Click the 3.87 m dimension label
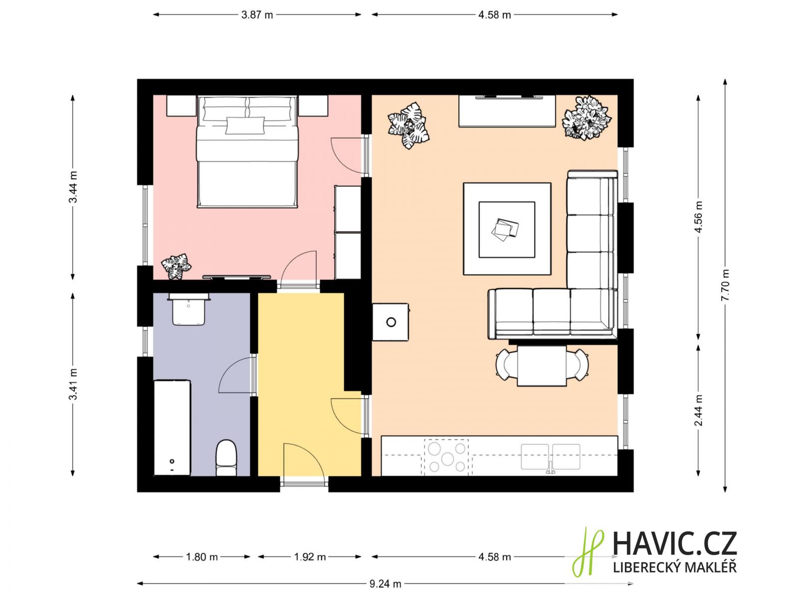257,15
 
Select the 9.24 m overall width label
385,584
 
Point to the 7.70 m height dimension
725,285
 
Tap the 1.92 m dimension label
310,557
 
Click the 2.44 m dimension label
698,410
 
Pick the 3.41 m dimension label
73,384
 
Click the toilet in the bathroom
226,457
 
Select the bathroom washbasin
189,309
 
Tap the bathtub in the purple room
173,428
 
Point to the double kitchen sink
551,457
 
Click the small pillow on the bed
245,125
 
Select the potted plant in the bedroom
177,267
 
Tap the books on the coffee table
505,229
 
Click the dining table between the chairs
542,366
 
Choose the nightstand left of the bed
182,106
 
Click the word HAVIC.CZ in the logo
675,544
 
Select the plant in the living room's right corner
587,118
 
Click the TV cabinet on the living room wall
507,111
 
